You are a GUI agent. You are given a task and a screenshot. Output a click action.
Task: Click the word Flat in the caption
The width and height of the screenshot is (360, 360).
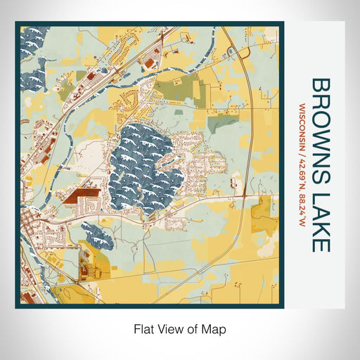pos(143,328)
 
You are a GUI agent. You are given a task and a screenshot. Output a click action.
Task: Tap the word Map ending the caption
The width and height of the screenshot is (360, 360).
pos(215,328)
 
